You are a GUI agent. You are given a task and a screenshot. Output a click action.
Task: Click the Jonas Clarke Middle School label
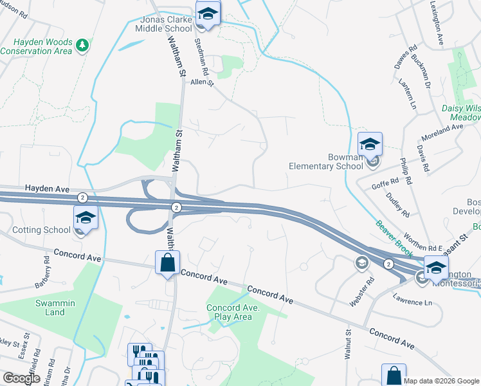[163, 24]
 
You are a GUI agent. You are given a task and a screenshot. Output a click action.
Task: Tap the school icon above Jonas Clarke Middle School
[208, 12]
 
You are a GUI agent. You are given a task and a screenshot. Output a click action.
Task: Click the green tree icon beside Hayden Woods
[82, 45]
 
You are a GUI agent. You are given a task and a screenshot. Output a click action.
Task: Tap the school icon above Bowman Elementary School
[370, 144]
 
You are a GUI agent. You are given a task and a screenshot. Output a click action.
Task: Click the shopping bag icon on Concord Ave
[167, 262]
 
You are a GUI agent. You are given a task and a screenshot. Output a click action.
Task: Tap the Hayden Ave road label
[46, 188]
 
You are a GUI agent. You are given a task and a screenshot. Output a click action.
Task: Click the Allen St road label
[201, 82]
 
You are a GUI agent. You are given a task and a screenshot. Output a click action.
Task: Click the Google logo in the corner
[21, 378]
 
